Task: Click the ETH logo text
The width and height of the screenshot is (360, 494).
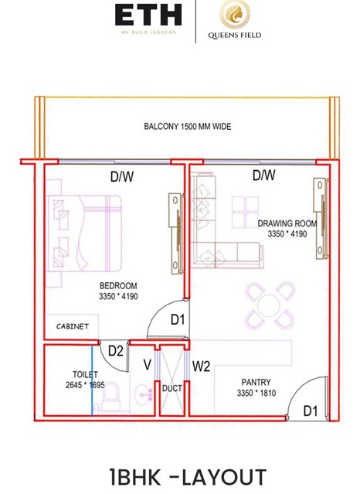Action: (148, 15)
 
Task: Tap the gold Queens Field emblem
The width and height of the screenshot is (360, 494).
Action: (235, 14)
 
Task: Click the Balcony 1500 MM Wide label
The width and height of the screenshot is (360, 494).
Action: (188, 126)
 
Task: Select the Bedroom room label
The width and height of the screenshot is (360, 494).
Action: (118, 286)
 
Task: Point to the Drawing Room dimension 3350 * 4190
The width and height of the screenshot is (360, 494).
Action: (287, 233)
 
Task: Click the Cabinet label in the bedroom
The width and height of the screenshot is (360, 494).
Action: (73, 326)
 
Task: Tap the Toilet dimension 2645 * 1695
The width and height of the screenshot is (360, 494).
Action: (85, 385)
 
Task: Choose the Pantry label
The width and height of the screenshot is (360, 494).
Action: (256, 382)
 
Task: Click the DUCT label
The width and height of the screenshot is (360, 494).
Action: (172, 388)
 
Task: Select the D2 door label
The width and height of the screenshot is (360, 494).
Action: (116, 351)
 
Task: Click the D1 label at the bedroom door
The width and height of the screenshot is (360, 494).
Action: (178, 320)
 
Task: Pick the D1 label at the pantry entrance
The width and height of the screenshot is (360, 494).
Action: (311, 411)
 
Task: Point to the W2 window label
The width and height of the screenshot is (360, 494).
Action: (202, 366)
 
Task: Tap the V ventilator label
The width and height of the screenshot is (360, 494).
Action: (147, 365)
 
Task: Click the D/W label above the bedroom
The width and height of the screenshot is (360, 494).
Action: (122, 177)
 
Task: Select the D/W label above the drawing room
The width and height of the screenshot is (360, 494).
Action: (264, 175)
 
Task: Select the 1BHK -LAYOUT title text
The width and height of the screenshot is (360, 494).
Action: (188, 477)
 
